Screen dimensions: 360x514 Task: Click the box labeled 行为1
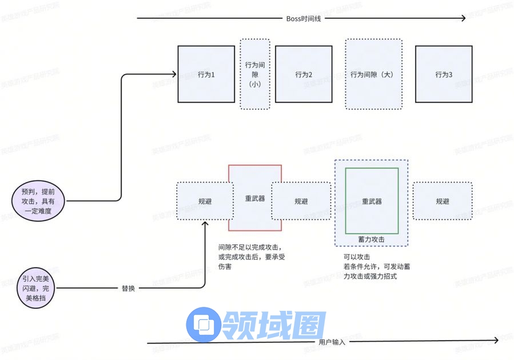pos(206,74)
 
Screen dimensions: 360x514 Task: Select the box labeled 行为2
pos(304,74)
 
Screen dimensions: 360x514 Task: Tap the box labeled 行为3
pos(444,74)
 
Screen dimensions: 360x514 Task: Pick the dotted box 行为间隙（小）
pos(254,74)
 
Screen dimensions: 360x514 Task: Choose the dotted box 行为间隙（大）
pos(373,74)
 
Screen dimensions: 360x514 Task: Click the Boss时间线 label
pos(301,18)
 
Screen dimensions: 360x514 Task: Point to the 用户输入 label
pos(332,342)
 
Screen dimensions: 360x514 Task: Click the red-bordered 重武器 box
pos(255,198)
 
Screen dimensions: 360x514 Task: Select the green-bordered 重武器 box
pos(372,201)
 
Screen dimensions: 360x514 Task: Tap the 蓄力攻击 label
pos(372,239)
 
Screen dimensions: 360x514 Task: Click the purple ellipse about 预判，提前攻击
pos(39,202)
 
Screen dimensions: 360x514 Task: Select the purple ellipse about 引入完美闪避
pos(39,289)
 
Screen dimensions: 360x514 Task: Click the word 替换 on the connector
pos(128,289)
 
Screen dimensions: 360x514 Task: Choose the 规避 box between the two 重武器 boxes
pos(301,201)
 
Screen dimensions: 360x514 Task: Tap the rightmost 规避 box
pos(443,201)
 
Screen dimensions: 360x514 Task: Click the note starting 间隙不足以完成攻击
pos(252,257)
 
